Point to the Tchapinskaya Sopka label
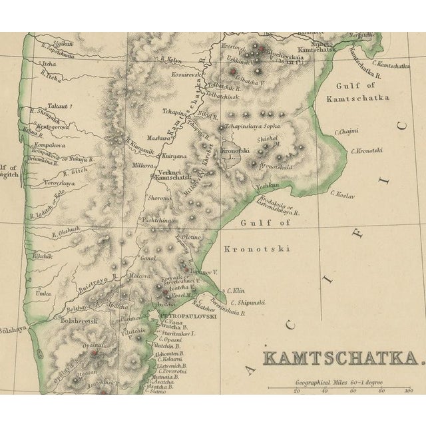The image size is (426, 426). tap(253, 126)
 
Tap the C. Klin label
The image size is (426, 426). tap(236, 290)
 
